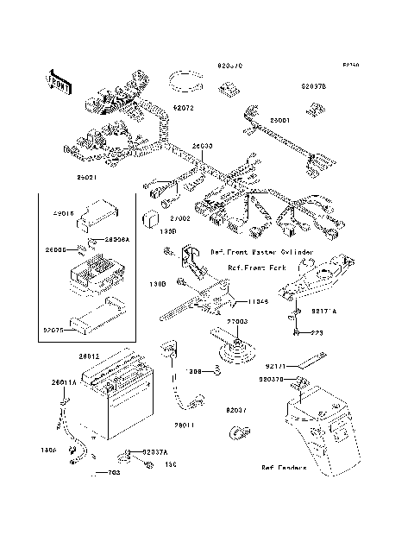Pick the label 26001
280,121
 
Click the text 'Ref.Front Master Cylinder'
254,252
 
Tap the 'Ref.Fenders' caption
285,469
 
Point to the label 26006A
116,242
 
